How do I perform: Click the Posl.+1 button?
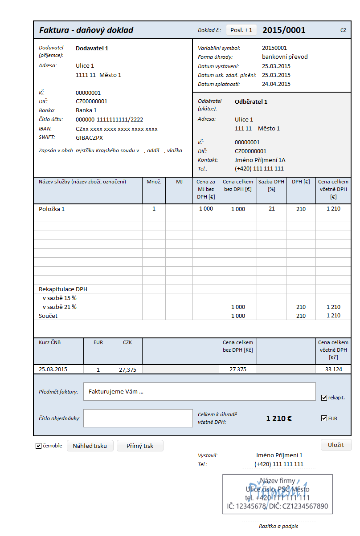(x=241, y=30)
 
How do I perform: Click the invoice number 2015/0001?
(x=284, y=30)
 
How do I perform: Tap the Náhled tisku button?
(x=90, y=446)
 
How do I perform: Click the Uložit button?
(x=336, y=445)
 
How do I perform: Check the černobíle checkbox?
(x=38, y=446)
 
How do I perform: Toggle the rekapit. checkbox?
(x=324, y=398)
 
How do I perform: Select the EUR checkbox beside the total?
(x=324, y=418)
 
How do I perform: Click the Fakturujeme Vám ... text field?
(x=199, y=392)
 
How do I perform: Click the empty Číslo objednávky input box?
(x=138, y=418)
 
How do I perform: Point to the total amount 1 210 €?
(x=279, y=418)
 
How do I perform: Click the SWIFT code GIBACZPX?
(x=89, y=138)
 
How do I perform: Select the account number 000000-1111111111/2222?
(x=109, y=119)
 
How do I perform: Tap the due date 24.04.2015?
(x=276, y=84)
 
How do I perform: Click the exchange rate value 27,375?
(x=127, y=370)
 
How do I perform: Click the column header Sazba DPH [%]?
(x=271, y=186)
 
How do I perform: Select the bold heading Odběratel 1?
(x=251, y=102)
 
